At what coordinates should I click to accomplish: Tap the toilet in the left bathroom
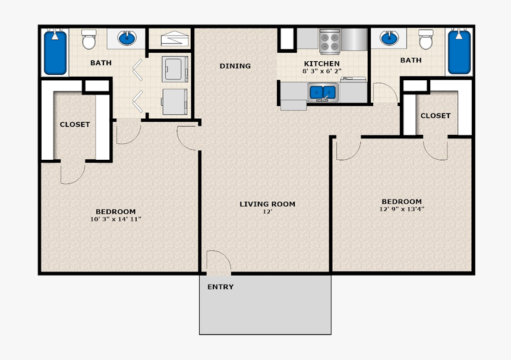tap(89, 40)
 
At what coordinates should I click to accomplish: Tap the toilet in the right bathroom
tap(425, 40)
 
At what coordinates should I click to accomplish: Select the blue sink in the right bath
tap(389, 39)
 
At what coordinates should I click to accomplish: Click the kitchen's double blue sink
tap(323, 92)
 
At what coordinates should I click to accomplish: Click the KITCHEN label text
tap(321, 64)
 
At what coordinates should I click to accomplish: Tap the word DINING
tap(235, 66)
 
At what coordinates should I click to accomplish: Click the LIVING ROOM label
tap(267, 204)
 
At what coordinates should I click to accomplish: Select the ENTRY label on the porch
tap(220, 287)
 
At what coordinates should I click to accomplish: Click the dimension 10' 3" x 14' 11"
tap(116, 219)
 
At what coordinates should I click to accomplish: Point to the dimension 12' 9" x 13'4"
tap(402, 209)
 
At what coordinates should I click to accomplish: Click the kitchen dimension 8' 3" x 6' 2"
tap(321, 71)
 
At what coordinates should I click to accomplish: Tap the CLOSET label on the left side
tap(75, 125)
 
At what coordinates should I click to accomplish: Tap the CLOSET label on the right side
tap(436, 116)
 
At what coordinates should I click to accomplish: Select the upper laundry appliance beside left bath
tap(175, 68)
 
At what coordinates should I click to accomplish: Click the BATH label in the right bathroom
tap(411, 60)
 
